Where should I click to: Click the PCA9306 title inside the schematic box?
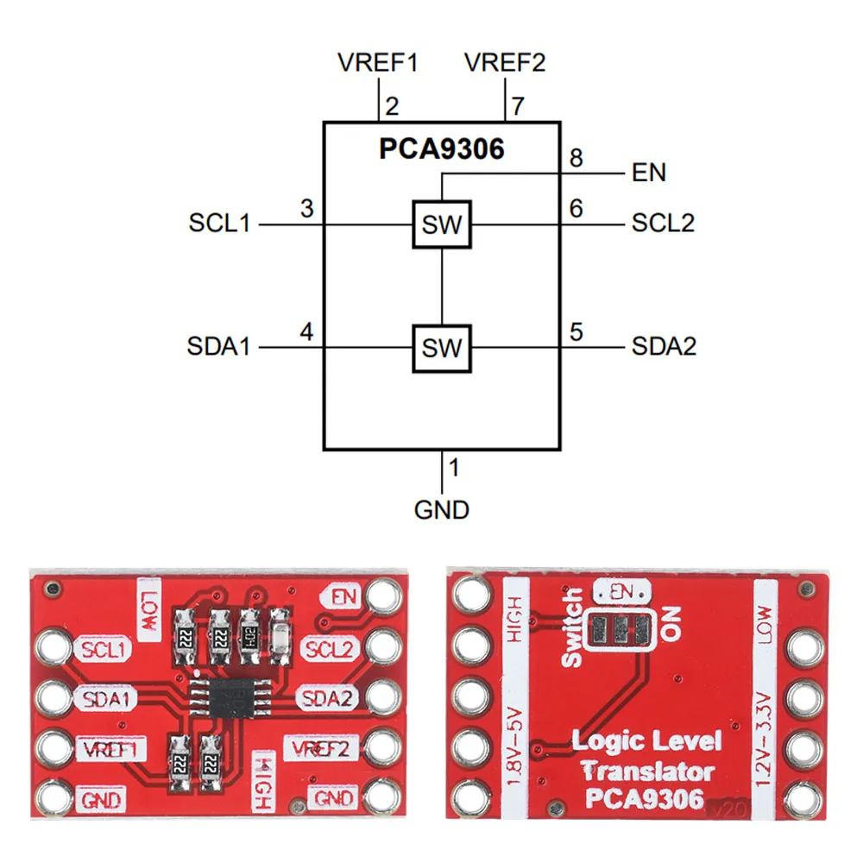441,149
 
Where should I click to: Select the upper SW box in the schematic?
441,225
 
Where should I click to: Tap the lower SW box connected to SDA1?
441,348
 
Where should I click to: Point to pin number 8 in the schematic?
576,159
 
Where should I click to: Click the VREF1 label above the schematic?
378,63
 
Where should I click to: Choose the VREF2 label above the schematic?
505,63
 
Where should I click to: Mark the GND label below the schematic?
442,509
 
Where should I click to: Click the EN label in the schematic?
649,173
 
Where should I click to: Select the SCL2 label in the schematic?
663,223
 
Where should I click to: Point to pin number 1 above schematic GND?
454,469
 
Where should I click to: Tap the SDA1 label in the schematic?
219,347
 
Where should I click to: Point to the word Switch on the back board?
571,628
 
